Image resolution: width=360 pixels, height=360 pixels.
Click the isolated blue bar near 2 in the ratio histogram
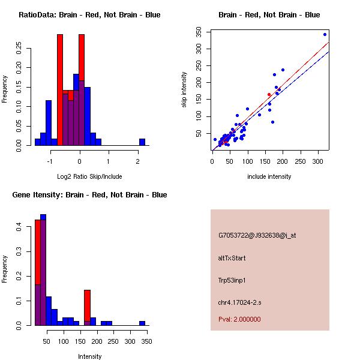(142, 142)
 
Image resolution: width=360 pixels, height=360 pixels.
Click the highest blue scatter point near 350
(325, 34)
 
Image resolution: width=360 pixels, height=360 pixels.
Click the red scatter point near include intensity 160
(269, 95)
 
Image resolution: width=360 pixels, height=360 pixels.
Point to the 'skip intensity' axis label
(184, 90)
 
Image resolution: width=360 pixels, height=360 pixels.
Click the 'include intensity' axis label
(269, 176)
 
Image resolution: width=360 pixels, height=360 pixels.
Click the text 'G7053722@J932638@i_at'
(257, 235)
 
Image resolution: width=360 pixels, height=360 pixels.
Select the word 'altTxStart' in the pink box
(232, 258)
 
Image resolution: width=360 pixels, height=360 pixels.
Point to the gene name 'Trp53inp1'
(232, 280)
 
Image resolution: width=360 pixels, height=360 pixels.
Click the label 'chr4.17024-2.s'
(238, 302)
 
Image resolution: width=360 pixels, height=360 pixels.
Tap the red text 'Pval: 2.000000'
(239, 319)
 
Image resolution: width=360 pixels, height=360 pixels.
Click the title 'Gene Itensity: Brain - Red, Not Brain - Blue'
(89, 195)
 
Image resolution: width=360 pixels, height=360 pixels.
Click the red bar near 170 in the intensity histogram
(87, 306)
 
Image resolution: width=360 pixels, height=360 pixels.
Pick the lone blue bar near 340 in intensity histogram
(142, 323)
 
